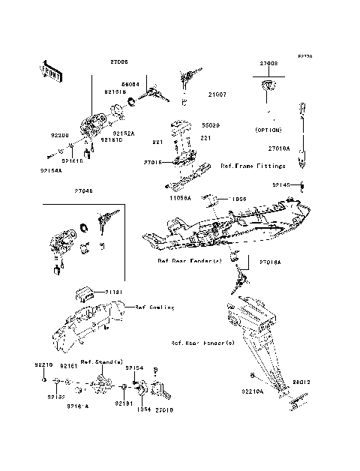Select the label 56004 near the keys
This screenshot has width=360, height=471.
click(130, 85)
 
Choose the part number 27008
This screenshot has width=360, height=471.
click(270, 64)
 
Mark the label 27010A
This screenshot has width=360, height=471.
click(278, 148)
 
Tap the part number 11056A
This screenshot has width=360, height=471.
click(181, 199)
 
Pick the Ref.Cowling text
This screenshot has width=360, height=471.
click(155, 307)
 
